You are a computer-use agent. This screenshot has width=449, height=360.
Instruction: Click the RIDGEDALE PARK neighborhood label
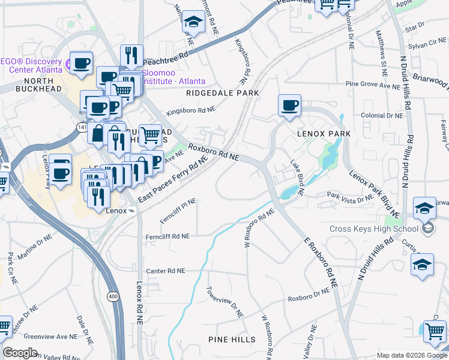pos(222,93)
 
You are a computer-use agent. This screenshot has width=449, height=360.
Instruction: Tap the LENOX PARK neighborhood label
pos(323,134)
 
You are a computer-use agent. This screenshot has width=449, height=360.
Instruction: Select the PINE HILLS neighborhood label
pos(232,340)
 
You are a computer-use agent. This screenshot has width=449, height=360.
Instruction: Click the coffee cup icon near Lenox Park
pos(289,106)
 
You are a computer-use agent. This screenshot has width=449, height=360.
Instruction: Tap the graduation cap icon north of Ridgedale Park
pos(193,22)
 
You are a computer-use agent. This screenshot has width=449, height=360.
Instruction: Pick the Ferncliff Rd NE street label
pos(167,236)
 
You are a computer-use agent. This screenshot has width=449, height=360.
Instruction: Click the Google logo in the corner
pos(20,353)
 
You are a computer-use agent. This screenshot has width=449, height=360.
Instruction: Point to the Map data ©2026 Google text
pos(411,355)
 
